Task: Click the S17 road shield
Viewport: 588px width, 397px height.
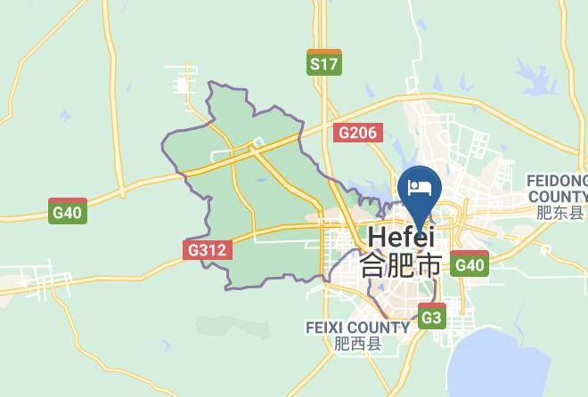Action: coord(323,63)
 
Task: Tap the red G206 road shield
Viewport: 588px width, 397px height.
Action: coord(358,134)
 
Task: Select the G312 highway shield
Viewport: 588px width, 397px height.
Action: coord(208,250)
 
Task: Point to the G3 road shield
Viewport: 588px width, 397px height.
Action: coord(431,317)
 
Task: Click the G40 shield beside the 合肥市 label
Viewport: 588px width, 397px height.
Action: coord(469,264)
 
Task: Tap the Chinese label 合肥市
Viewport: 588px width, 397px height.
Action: coord(400,265)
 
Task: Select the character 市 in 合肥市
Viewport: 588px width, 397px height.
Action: coord(429,265)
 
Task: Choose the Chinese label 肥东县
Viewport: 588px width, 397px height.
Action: coord(560,213)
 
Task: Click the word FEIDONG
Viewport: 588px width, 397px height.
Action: coord(558,180)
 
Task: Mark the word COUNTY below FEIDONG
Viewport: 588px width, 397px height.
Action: coord(558,196)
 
